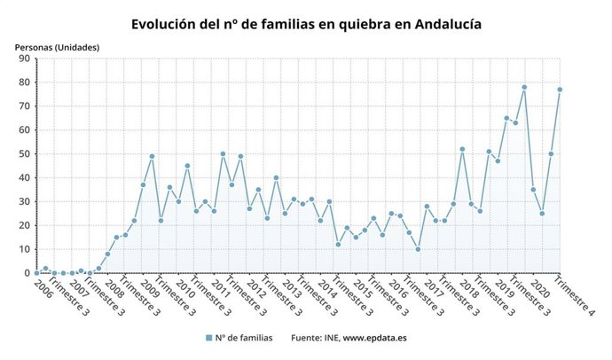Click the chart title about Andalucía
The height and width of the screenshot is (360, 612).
click(x=306, y=24)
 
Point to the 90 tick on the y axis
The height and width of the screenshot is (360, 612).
click(x=25, y=59)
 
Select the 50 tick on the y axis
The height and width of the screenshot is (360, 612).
click(x=25, y=154)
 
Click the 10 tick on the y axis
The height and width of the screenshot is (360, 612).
click(x=25, y=249)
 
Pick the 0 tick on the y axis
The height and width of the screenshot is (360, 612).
click(x=27, y=273)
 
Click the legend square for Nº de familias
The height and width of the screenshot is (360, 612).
click(x=208, y=338)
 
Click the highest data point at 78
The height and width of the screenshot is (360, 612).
click(x=524, y=88)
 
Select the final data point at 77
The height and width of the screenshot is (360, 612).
click(x=560, y=90)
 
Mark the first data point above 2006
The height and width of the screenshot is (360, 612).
click(x=36, y=272)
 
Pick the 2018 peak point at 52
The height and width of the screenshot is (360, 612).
click(x=462, y=149)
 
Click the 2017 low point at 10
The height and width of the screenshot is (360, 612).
click(x=418, y=249)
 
